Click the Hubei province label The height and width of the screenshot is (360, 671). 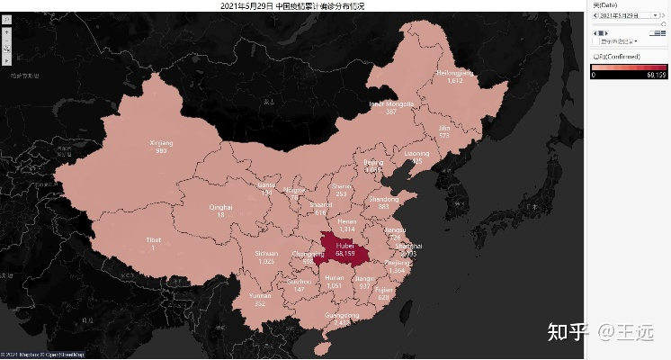(345, 245)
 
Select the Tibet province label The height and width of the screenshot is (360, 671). (153, 239)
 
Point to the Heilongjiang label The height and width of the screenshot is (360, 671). (454, 72)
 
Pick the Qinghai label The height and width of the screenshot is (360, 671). (220, 207)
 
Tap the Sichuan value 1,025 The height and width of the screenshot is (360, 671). (266, 262)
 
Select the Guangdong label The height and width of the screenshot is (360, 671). (342, 315)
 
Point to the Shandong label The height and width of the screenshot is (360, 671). (384, 199)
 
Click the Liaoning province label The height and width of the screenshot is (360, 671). (417, 154)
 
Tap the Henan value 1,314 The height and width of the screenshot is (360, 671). (347, 229)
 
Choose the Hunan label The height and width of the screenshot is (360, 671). (335, 278)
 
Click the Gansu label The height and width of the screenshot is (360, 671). (266, 185)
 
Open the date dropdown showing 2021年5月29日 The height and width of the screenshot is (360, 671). (629, 16)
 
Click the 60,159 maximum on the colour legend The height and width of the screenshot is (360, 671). (656, 75)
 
